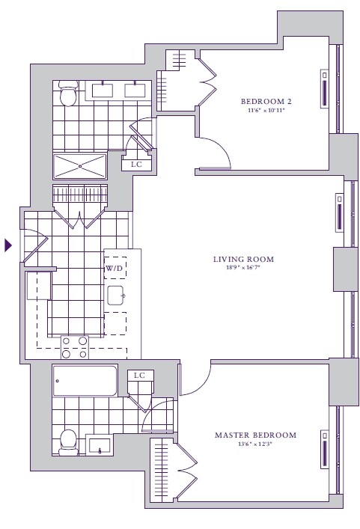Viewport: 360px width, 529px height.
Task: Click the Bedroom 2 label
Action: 266,101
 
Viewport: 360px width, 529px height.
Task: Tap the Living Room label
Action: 243,259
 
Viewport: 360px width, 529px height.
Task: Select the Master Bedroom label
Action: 255,435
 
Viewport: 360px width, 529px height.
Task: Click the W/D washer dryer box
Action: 115,268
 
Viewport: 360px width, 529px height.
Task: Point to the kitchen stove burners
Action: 75,347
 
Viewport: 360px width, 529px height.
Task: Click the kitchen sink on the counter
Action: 116,296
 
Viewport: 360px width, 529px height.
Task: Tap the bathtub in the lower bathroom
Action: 85,381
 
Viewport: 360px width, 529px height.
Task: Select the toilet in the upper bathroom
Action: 68,94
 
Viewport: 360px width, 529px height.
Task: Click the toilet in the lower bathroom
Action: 68,442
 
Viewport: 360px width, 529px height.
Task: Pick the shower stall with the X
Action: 80,166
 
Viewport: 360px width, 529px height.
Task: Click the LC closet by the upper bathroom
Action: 136,165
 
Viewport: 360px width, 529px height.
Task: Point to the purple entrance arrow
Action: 7,245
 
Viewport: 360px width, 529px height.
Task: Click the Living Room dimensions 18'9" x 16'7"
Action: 243,268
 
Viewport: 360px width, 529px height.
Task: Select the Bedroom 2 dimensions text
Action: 266,110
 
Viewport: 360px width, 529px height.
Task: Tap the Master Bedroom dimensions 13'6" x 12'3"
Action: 255,444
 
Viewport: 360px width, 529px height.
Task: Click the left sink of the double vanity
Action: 103,90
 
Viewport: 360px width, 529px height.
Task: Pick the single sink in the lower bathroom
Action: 100,446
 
